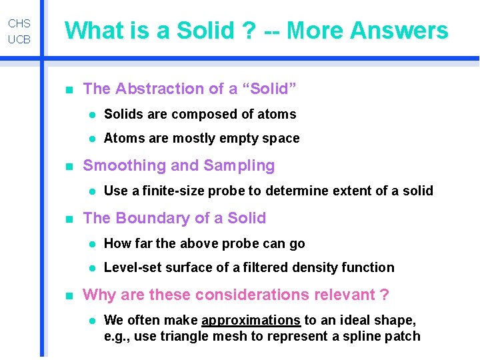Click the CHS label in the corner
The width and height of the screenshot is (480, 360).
point(19,23)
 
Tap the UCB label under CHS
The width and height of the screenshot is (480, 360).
point(19,39)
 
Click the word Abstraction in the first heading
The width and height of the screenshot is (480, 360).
point(156,89)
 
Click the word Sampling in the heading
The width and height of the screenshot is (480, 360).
point(243,165)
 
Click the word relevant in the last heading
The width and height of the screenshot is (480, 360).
point(340,295)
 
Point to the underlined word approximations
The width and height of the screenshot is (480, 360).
point(251,320)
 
